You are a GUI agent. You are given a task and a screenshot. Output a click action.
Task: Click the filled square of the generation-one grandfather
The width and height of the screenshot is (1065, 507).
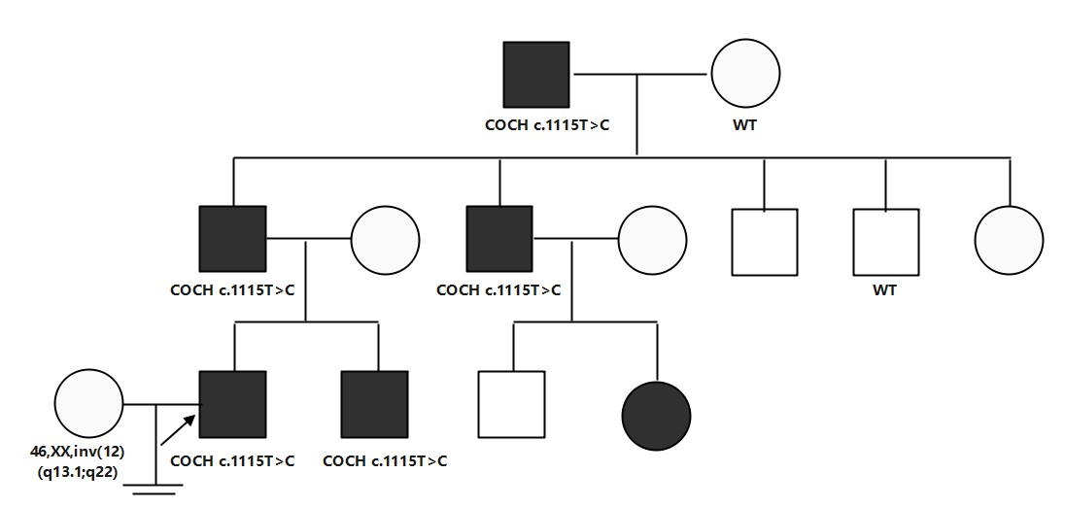(x=536, y=75)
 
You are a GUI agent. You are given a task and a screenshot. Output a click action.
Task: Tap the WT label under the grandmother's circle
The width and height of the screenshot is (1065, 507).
(x=746, y=125)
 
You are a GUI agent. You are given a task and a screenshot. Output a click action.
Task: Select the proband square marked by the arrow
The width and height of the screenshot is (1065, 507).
(x=232, y=404)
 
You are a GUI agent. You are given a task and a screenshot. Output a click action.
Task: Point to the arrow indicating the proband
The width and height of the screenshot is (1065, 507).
(x=178, y=426)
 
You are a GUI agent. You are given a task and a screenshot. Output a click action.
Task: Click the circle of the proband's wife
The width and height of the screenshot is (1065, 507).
(x=88, y=403)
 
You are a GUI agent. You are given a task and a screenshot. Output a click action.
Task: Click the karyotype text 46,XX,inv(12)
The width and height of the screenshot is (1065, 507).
(x=88, y=452)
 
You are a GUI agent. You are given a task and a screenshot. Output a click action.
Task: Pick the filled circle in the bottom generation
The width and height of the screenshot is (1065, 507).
(x=657, y=415)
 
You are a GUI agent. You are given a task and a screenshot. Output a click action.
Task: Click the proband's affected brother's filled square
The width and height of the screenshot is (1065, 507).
(x=375, y=404)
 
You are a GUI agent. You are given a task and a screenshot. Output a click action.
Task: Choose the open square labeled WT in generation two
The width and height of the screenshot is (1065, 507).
(x=885, y=241)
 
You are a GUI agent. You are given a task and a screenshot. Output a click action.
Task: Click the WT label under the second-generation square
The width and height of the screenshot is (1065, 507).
(x=885, y=289)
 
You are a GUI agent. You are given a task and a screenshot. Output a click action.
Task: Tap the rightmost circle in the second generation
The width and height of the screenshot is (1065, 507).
(x=1010, y=241)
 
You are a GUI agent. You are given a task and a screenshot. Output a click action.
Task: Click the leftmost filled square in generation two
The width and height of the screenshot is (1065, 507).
(x=232, y=239)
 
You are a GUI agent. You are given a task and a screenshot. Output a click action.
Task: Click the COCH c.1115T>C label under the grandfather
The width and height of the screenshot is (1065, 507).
(x=547, y=125)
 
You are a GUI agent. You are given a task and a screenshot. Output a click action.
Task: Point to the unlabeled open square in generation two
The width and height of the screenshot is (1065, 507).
(x=764, y=241)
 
